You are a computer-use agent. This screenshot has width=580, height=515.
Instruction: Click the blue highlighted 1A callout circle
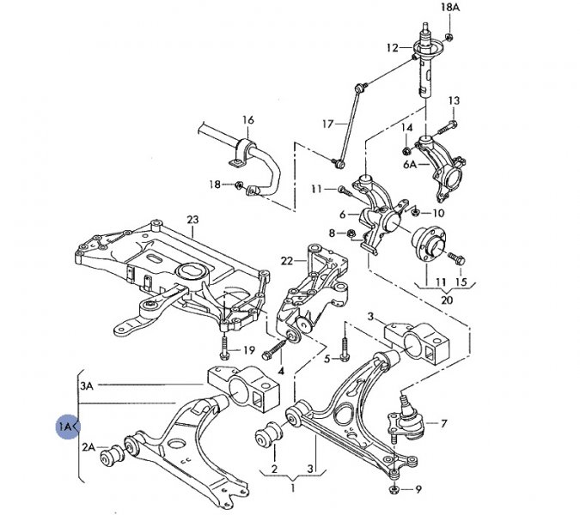(68, 427)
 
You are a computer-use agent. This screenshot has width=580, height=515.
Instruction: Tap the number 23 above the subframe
(192, 220)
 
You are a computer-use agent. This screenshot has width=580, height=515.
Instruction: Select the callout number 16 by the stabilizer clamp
(248, 119)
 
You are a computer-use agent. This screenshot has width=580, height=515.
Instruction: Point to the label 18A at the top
(450, 7)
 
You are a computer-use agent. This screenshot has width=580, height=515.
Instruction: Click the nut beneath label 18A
(449, 37)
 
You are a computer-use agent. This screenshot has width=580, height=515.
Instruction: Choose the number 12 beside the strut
(393, 48)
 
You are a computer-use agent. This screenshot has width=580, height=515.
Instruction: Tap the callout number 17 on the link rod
(327, 124)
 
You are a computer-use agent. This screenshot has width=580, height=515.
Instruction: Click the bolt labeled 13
(448, 127)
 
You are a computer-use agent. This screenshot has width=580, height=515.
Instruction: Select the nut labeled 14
(406, 151)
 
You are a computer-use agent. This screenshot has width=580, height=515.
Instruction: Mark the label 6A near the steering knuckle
(410, 164)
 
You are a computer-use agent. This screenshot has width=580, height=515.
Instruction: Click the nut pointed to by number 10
(415, 212)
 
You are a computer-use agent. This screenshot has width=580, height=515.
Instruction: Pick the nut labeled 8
(351, 233)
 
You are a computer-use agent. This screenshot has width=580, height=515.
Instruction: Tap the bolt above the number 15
(456, 257)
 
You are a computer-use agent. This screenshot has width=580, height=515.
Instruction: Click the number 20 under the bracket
(447, 300)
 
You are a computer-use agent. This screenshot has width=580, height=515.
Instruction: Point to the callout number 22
(287, 261)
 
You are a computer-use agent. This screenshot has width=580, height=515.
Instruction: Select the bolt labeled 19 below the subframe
(224, 348)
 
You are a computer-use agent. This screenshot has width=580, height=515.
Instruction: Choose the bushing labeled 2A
(112, 456)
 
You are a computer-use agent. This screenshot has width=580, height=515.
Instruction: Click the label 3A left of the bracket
(87, 386)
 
